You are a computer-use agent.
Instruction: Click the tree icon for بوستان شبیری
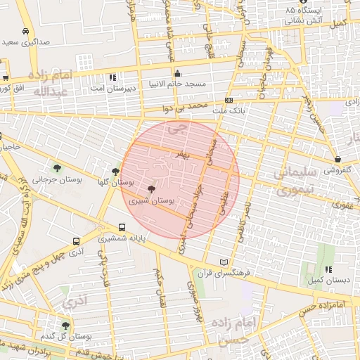click(x=152, y=189)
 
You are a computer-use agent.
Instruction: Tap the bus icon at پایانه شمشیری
click(x=122, y=227)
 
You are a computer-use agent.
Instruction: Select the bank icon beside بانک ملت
click(x=229, y=101)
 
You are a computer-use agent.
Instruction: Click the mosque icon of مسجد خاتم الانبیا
click(x=178, y=73)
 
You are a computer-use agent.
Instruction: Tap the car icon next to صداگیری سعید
click(x=25, y=32)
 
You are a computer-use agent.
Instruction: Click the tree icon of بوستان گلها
click(x=116, y=171)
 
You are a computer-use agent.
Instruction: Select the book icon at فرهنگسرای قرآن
click(x=224, y=261)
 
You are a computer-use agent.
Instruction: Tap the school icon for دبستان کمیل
click(x=328, y=269)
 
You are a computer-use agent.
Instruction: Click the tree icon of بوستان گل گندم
click(x=65, y=326)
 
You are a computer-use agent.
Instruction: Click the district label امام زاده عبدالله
click(x=51, y=83)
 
